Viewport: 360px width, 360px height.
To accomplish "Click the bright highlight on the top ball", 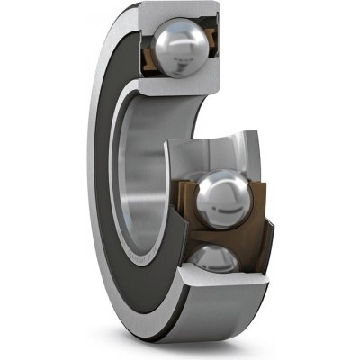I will tap(171, 38).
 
